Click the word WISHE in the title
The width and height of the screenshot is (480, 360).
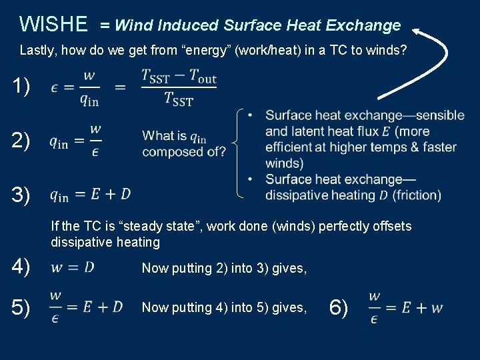[x=53, y=25]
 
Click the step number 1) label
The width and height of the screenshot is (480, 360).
[x=21, y=87]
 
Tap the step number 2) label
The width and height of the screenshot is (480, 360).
[x=21, y=141]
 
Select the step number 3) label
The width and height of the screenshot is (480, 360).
[x=21, y=195]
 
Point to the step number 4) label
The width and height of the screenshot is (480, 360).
[x=21, y=267]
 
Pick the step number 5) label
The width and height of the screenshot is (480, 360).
[x=21, y=307]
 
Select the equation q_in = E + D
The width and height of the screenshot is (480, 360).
[x=90, y=195]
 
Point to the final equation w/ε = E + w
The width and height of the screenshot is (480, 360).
[x=405, y=307]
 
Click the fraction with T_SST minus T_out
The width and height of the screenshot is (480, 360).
[x=179, y=87]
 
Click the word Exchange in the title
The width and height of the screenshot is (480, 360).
[x=364, y=25]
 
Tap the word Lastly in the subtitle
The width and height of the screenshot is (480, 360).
[x=37, y=50]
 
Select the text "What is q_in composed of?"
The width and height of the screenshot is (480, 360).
[x=183, y=144]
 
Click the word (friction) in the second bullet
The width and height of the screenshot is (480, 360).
[x=417, y=195]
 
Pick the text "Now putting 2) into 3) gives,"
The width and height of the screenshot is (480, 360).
[x=224, y=268]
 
